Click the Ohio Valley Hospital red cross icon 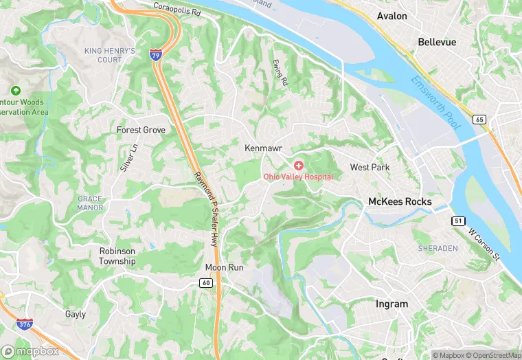(x=299, y=166)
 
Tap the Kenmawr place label (x=264, y=148)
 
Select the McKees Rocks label (x=400, y=201)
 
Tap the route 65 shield (x=479, y=119)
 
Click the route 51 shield (x=458, y=221)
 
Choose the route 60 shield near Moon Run (x=206, y=282)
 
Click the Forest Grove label (x=141, y=130)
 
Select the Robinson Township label (x=117, y=256)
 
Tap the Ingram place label (x=391, y=304)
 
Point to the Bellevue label (x=437, y=42)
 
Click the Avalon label (x=391, y=15)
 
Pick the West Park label (x=370, y=167)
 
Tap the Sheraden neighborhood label (x=438, y=248)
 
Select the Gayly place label (x=75, y=314)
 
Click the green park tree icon (x=15, y=91)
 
